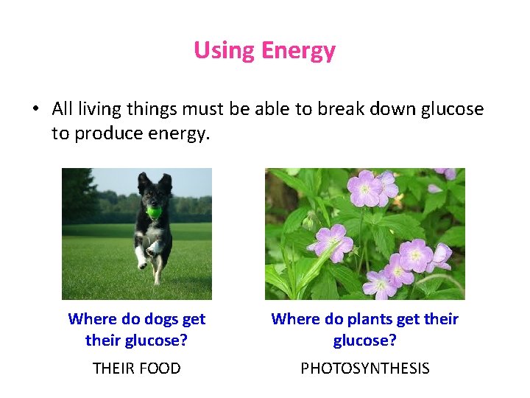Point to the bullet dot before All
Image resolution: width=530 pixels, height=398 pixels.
click(35, 110)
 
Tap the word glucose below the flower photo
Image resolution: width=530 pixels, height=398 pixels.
click(364, 341)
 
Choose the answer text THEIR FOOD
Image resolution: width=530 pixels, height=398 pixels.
click(136, 369)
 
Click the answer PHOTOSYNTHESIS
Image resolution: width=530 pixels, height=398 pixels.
click(364, 369)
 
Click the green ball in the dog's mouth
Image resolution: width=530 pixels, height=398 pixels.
click(154, 212)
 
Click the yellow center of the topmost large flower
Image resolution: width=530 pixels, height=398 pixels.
click(366, 189)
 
